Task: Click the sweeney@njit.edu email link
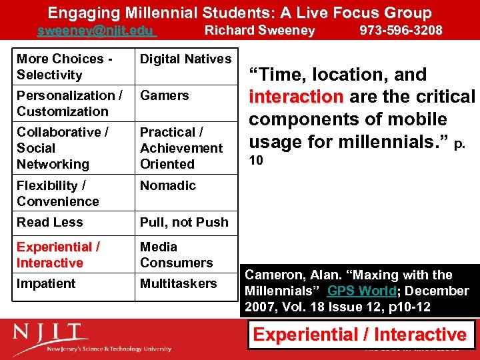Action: coord(96,31)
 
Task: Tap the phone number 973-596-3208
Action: coord(401,31)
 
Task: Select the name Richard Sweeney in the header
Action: coord(259,31)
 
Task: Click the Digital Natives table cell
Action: coord(185,59)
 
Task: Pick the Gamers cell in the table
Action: coord(165,96)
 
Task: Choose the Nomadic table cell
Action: coord(168,186)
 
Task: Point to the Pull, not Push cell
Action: coord(184,223)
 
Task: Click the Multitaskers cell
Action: coord(178,284)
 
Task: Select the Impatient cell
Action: coord(47,284)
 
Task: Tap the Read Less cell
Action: coord(50,223)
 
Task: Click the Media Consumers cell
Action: coord(176,255)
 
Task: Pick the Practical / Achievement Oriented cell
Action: coord(181,148)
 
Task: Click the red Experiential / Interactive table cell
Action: coord(59,255)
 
